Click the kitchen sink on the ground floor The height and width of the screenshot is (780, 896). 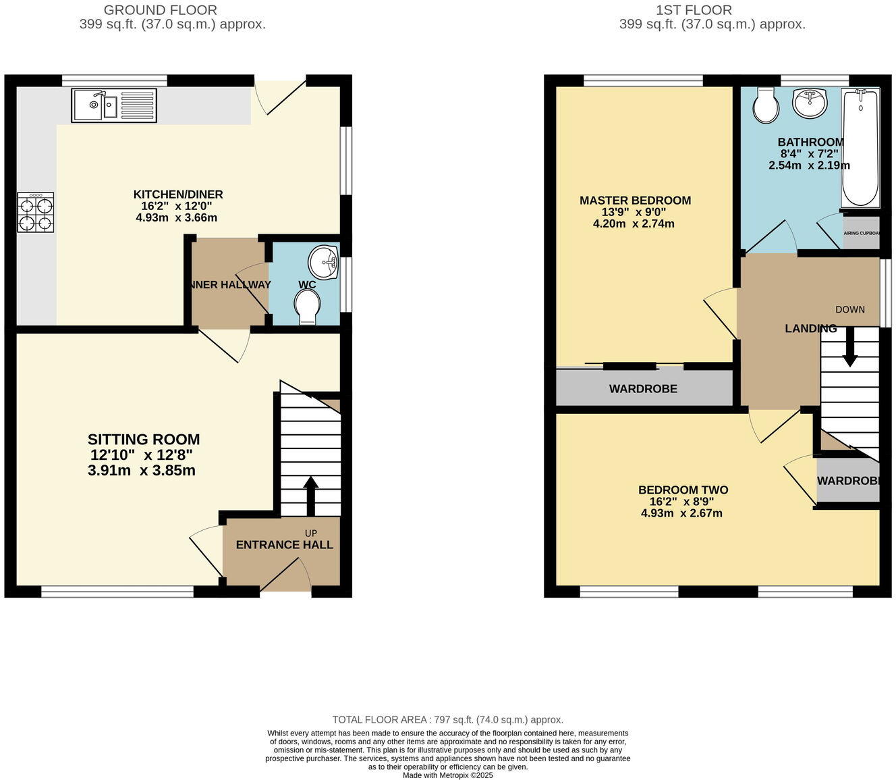pyautogui.click(x=114, y=105)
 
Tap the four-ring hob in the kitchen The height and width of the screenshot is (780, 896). pyautogui.click(x=36, y=213)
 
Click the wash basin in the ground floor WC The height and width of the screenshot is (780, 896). pyautogui.click(x=324, y=261)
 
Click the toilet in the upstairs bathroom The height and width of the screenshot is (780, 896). pyautogui.click(x=765, y=105)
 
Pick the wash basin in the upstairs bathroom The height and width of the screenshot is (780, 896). pyautogui.click(x=810, y=103)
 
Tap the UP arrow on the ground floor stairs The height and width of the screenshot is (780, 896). pyautogui.click(x=310, y=496)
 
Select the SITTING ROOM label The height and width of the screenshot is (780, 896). pyautogui.click(x=144, y=440)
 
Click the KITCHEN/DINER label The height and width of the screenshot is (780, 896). pyautogui.click(x=178, y=194)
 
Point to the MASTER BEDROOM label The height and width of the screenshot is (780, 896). pyautogui.click(x=635, y=201)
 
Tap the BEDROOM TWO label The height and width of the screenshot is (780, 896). pyautogui.click(x=683, y=490)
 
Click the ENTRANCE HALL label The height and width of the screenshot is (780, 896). pyautogui.click(x=284, y=545)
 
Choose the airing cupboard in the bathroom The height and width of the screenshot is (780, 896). pyautogui.click(x=861, y=233)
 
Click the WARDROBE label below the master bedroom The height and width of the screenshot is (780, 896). pyautogui.click(x=643, y=389)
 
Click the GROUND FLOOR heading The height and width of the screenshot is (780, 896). pyautogui.click(x=161, y=10)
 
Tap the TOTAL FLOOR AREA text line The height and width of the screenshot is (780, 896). pyautogui.click(x=447, y=720)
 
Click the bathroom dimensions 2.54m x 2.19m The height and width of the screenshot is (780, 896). pyautogui.click(x=809, y=165)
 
